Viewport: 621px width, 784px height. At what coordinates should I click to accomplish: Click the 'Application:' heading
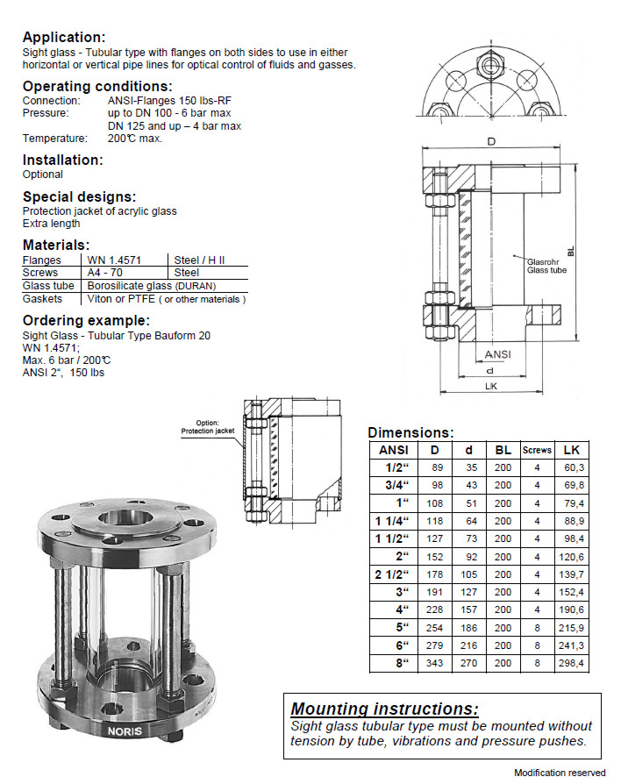[x=63, y=37]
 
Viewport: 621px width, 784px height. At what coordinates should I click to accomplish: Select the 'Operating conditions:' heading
[x=96, y=86]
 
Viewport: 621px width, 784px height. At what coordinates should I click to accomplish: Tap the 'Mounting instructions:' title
[x=384, y=709]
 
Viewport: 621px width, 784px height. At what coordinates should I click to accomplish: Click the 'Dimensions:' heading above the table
[x=410, y=432]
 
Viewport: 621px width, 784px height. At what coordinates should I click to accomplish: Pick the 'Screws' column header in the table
[x=537, y=450]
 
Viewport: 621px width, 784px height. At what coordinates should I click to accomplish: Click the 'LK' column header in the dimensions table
[x=572, y=450]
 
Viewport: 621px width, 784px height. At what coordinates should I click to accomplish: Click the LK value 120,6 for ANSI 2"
[x=572, y=556]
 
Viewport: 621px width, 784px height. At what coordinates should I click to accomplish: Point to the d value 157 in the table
[x=470, y=609]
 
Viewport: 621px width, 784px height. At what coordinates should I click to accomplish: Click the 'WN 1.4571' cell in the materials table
[x=114, y=260]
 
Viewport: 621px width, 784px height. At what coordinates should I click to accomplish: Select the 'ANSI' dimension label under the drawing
[x=497, y=354]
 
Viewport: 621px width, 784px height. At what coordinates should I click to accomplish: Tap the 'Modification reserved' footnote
[x=560, y=773]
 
